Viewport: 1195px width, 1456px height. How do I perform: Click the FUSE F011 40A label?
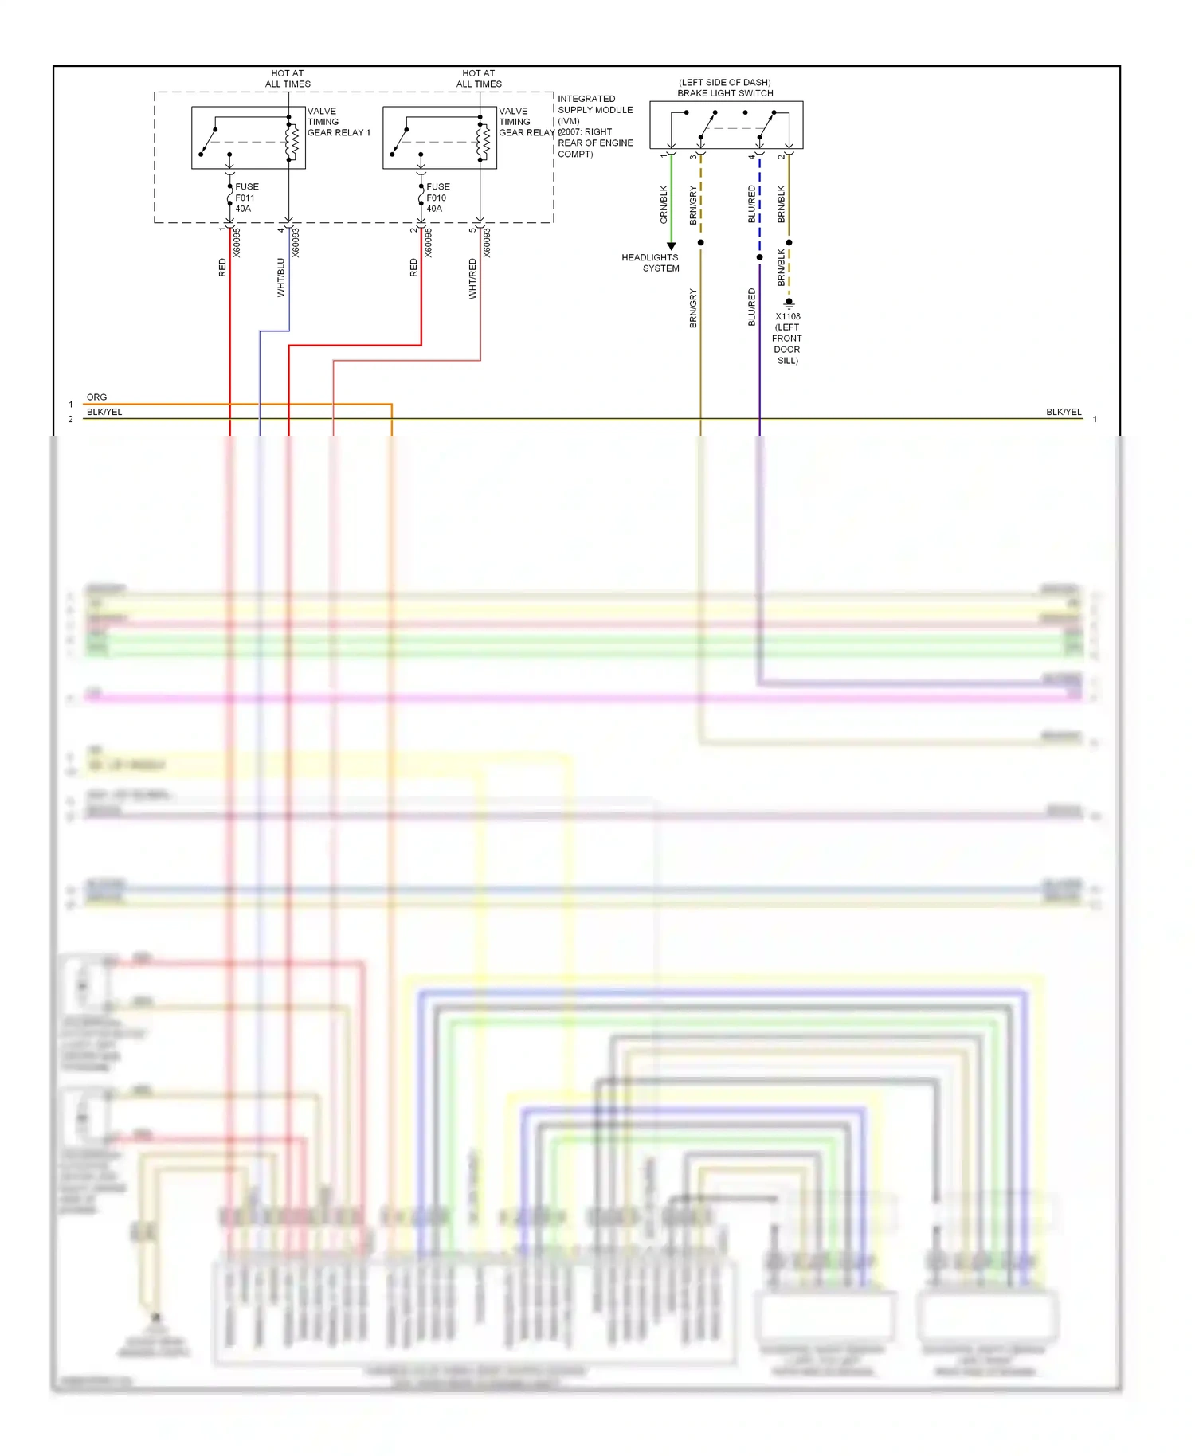(x=245, y=198)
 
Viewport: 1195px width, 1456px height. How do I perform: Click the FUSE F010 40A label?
(x=437, y=198)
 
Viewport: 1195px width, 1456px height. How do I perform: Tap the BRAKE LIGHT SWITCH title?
(x=725, y=93)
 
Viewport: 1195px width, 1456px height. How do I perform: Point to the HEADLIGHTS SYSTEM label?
(x=651, y=263)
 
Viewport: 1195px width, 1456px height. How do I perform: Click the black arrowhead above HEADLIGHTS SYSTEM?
(x=671, y=246)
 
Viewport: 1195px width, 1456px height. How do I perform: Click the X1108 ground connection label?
(x=787, y=338)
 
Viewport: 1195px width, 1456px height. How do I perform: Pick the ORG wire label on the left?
(x=96, y=397)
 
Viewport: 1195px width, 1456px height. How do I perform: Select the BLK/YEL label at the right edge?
(x=1064, y=412)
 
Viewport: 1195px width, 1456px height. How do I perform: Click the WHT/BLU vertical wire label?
(x=280, y=277)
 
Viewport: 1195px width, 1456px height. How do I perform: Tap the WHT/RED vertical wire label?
(x=472, y=279)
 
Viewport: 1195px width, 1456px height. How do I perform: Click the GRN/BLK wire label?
(x=664, y=204)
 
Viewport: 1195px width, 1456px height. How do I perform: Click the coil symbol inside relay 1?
(x=292, y=142)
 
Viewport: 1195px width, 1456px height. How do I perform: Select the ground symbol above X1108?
(x=789, y=303)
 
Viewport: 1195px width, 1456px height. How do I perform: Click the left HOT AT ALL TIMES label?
(x=288, y=78)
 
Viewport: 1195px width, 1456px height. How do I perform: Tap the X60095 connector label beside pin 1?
(x=237, y=242)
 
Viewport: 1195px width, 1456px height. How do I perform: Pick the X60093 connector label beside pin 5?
(x=487, y=242)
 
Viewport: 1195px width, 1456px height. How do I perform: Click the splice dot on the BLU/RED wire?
(x=759, y=257)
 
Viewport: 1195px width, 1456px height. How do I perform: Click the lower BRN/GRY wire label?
(x=693, y=308)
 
